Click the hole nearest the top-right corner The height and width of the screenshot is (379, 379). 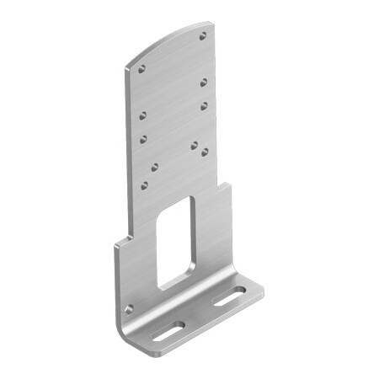203,36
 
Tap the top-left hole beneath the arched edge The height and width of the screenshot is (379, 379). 141,68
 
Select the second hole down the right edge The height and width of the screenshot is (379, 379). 204,82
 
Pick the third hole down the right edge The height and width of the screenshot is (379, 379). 204,105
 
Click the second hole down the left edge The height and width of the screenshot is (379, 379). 142,115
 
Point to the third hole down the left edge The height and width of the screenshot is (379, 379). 143,136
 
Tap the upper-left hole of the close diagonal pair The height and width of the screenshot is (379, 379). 194,145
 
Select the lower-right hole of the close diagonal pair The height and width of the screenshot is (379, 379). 205,152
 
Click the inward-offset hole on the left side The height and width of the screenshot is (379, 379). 154,166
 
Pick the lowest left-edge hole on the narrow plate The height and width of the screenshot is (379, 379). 144,184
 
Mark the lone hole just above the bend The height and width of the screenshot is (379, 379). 129,309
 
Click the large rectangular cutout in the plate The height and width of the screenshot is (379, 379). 176,243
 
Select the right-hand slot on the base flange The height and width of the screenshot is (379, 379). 228,296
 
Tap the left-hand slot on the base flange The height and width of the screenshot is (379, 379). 168,331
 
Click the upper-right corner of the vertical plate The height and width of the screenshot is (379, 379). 214,24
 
